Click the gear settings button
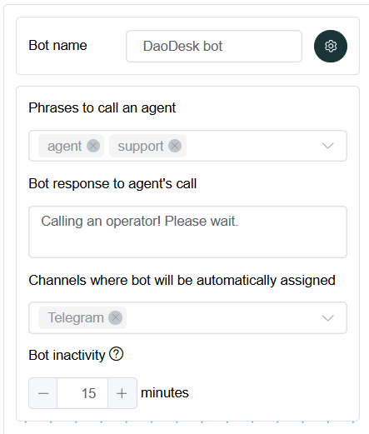[x=331, y=46]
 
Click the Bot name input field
[x=214, y=46]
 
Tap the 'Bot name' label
[x=57, y=45]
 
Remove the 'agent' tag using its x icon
[x=93, y=146]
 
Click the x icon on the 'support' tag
[x=175, y=146]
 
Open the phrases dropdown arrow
[x=327, y=146]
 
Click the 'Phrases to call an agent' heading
[x=102, y=108]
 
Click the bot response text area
[x=187, y=232]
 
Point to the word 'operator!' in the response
[x=133, y=222]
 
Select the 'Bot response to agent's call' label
[x=112, y=184]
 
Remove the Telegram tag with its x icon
[x=116, y=317]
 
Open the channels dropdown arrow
[x=327, y=318]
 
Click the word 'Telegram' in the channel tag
[x=76, y=318]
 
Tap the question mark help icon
[x=116, y=354]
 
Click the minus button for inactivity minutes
[x=43, y=393]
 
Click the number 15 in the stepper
[x=88, y=393]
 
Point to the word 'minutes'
[x=165, y=393]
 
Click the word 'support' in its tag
[x=141, y=147]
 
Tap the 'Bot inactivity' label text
[x=67, y=355]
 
